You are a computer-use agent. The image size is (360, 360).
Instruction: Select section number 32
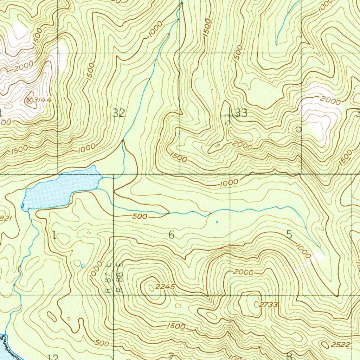[x=119, y=113]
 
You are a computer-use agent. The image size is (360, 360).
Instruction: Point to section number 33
[x=241, y=113]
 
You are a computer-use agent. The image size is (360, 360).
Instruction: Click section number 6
[x=171, y=234]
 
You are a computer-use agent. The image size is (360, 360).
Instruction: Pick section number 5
[x=289, y=234]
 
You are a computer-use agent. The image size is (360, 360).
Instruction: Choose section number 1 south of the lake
[x=54, y=235]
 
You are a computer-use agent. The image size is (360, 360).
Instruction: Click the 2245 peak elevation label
[x=165, y=287]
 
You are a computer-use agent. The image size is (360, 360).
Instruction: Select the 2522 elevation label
[x=340, y=345]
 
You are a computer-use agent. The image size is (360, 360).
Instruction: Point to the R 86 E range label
[x=120, y=278]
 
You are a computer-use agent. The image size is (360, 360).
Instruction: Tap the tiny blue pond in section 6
[x=217, y=222]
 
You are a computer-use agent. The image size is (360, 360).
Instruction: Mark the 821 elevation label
[x=6, y=218]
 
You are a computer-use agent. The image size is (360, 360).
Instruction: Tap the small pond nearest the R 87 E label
[x=83, y=266]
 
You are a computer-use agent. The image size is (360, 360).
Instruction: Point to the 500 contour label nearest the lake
[x=140, y=217]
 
